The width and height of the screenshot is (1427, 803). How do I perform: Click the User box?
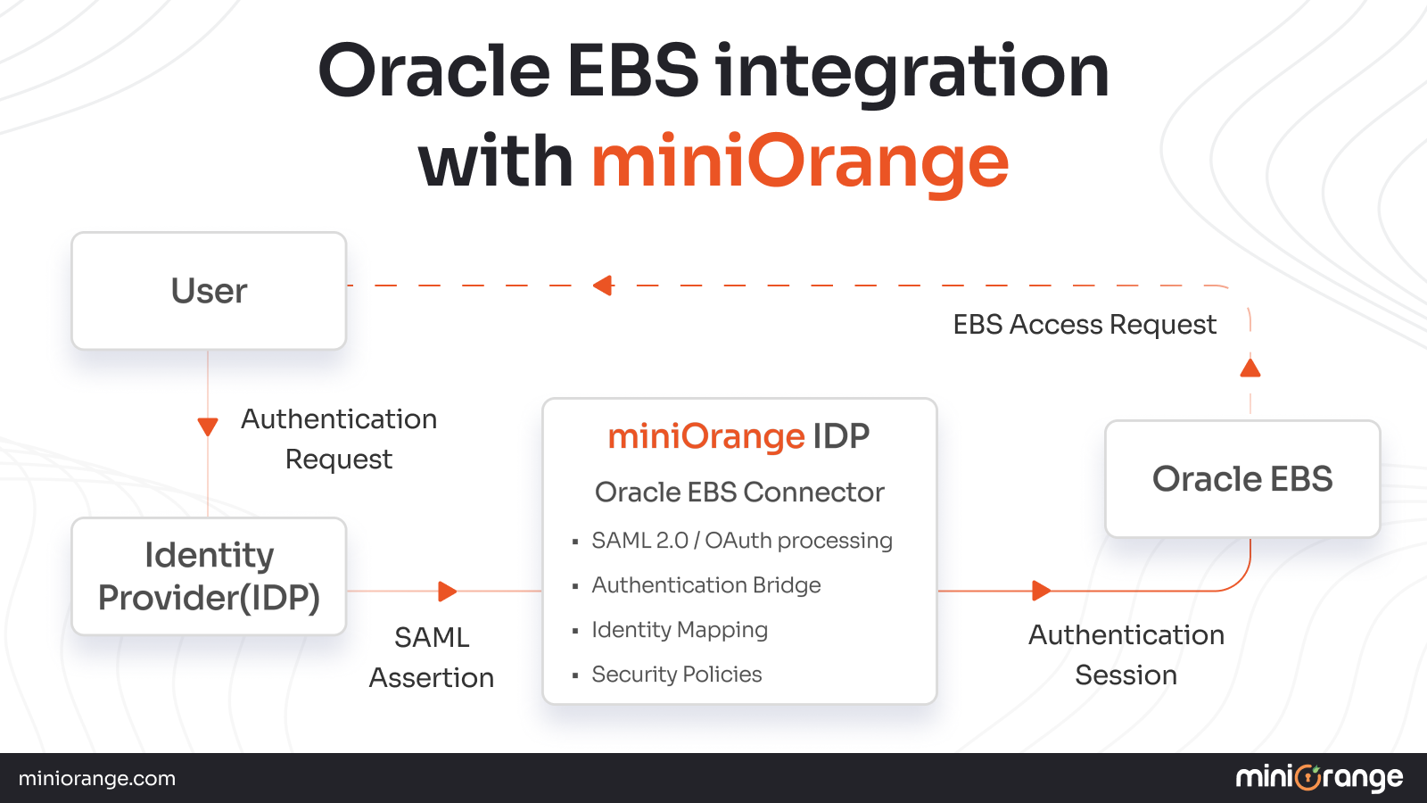point(209,291)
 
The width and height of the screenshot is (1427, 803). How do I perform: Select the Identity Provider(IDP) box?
point(209,576)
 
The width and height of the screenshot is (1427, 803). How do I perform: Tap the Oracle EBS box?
point(1242,479)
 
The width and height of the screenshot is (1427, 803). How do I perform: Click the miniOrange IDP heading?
point(738,436)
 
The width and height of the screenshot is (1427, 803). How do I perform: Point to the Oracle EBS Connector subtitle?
point(739,492)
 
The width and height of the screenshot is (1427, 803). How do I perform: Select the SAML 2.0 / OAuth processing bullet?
point(741,541)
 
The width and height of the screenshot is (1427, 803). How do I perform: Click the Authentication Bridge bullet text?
point(705,585)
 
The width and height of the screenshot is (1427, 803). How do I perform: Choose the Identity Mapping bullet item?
point(679,630)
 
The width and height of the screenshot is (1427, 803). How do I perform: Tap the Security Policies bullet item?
point(676,675)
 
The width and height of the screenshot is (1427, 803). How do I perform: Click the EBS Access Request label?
point(1084,325)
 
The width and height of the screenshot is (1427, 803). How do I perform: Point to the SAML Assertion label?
point(432,658)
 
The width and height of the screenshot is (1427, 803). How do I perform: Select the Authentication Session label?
point(1126,655)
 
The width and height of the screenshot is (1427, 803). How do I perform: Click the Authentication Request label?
point(339,439)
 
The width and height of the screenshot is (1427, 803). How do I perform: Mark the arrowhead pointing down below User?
point(208,426)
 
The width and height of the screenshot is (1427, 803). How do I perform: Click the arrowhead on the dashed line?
point(604,286)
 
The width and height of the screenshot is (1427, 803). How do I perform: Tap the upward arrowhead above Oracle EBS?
point(1250,368)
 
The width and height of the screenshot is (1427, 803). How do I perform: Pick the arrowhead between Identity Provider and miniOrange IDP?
point(447,591)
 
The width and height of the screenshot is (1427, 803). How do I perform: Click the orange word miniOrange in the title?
point(799,161)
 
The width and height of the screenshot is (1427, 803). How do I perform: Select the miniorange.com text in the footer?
point(97,779)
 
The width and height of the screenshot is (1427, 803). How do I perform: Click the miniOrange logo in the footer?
point(1319,778)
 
